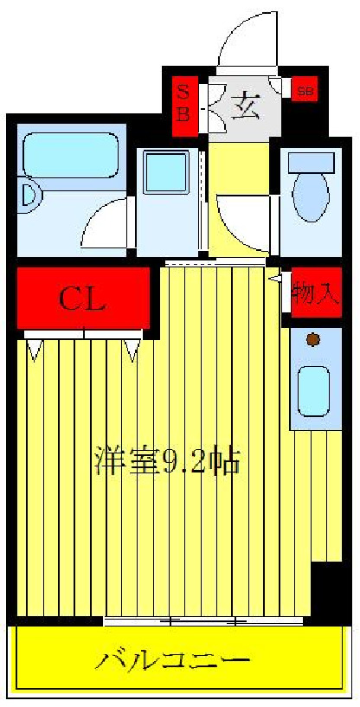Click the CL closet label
click(82, 299)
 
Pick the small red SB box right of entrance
click(305, 89)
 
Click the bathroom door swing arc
click(106, 223)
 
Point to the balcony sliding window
click(203, 620)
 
